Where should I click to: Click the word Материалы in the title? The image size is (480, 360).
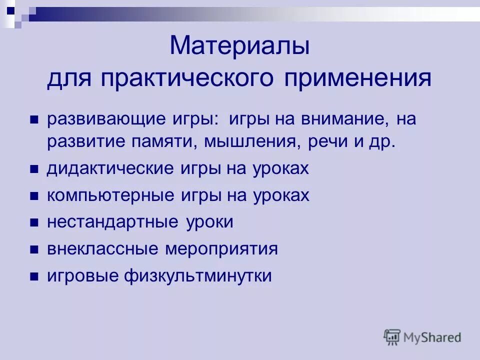pyautogui.click(x=240, y=46)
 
